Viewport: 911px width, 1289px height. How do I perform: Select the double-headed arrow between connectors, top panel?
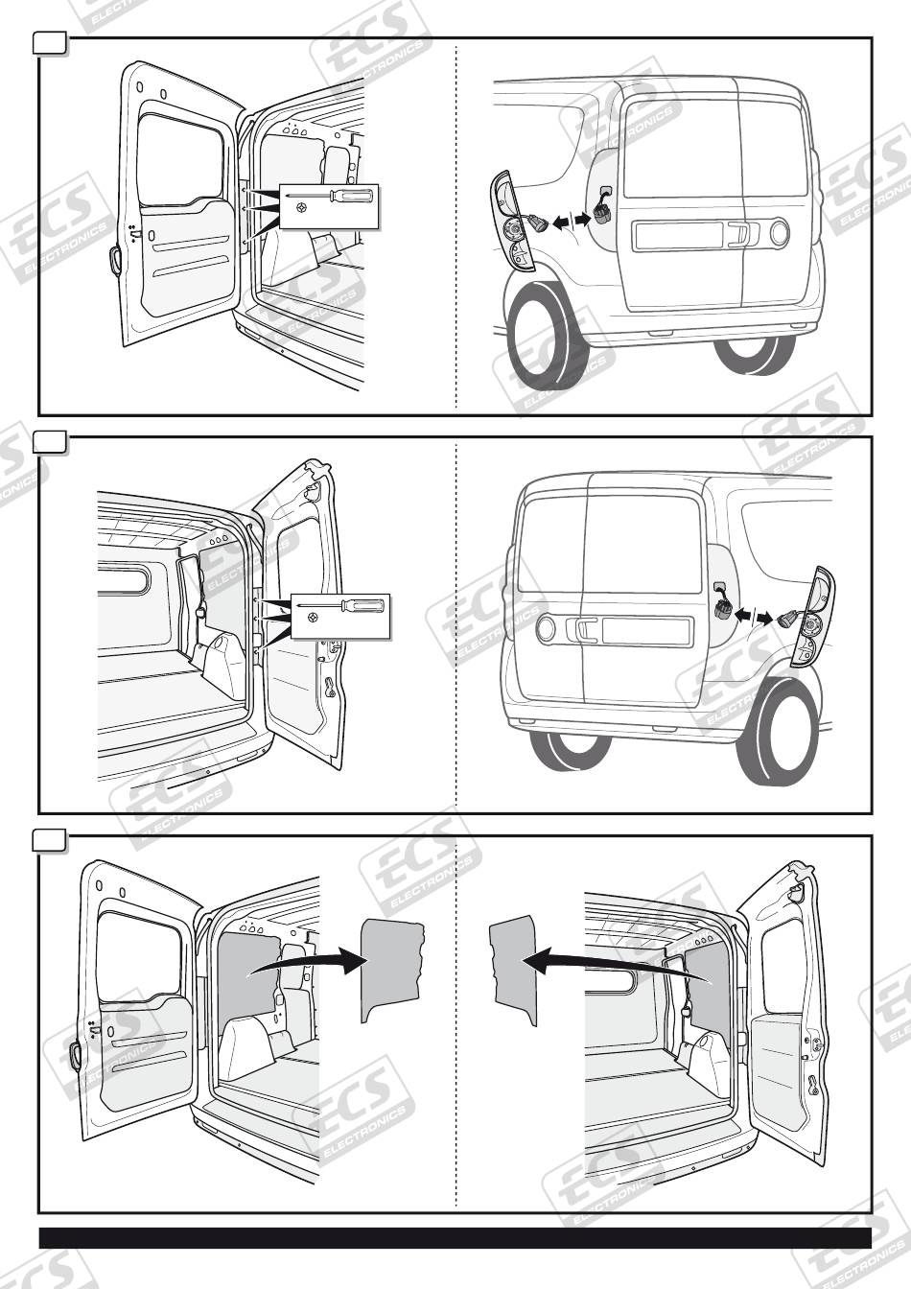pos(572,222)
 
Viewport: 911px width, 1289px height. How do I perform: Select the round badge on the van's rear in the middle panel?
pos(545,629)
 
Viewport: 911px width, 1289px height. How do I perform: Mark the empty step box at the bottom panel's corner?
pos(50,839)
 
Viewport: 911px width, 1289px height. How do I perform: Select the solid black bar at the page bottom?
pos(455,1237)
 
